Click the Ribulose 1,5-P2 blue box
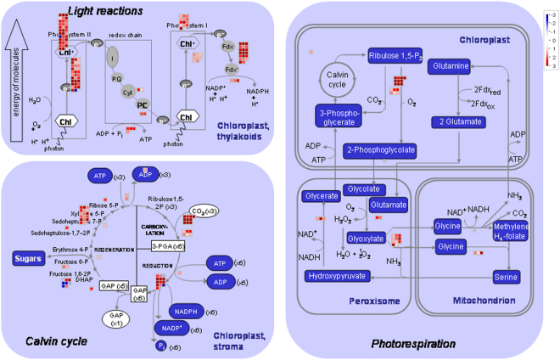[395, 56]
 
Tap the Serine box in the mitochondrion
[507, 277]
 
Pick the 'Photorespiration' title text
[414, 344]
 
